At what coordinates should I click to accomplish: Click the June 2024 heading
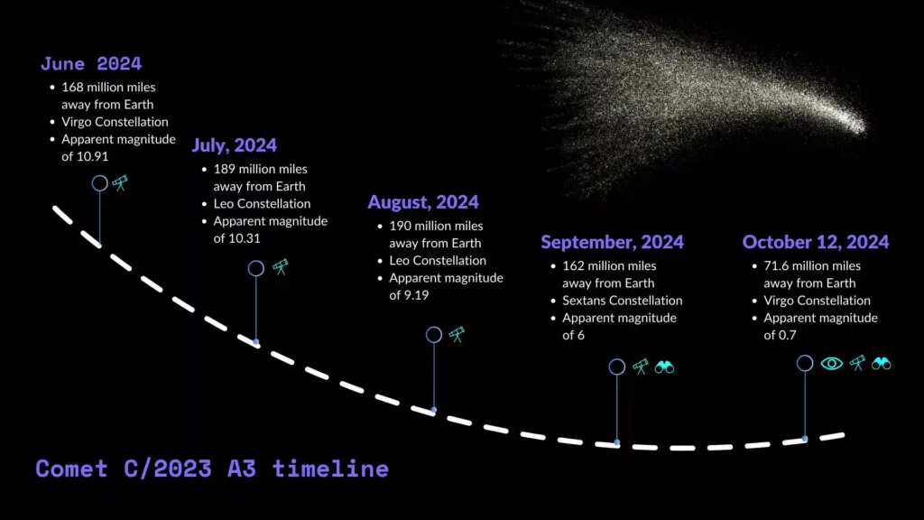click(x=91, y=64)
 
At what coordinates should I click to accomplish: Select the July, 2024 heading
click(x=235, y=145)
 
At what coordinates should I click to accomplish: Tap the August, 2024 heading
click(x=423, y=202)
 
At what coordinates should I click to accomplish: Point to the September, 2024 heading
click(x=613, y=242)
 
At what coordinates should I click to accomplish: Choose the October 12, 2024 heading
click(x=816, y=242)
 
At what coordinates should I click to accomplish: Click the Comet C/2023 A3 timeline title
click(x=212, y=469)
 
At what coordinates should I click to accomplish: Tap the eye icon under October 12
click(x=831, y=364)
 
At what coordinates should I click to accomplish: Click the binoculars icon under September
click(x=664, y=367)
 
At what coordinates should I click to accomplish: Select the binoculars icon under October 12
click(x=882, y=364)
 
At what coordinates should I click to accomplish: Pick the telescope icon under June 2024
click(x=120, y=183)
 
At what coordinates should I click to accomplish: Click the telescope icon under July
click(x=281, y=267)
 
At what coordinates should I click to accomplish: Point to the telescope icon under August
click(x=457, y=335)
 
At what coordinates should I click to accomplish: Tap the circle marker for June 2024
click(x=99, y=176)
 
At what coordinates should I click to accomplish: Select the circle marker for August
click(x=434, y=327)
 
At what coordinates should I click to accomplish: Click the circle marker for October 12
click(x=805, y=356)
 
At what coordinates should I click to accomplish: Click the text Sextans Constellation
click(x=623, y=301)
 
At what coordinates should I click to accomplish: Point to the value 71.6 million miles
click(x=812, y=266)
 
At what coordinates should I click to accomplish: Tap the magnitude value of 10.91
click(x=85, y=157)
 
